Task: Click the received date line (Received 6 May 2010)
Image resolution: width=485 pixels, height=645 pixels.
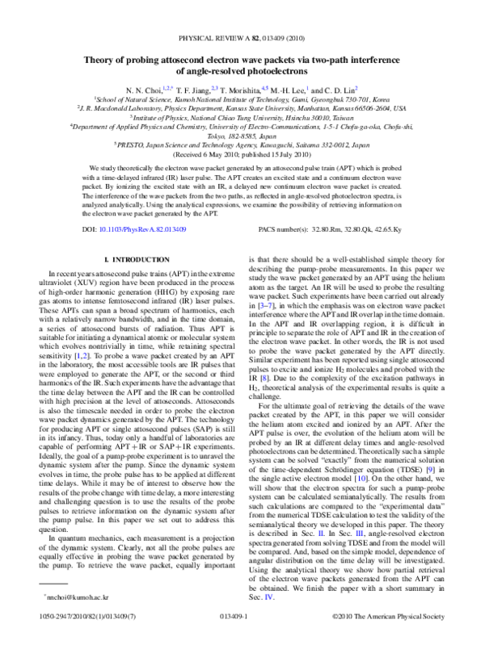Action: click(x=242, y=153)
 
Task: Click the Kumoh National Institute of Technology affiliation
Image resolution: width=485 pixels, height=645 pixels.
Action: click(x=242, y=98)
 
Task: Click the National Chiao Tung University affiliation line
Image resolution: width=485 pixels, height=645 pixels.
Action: click(x=242, y=116)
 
